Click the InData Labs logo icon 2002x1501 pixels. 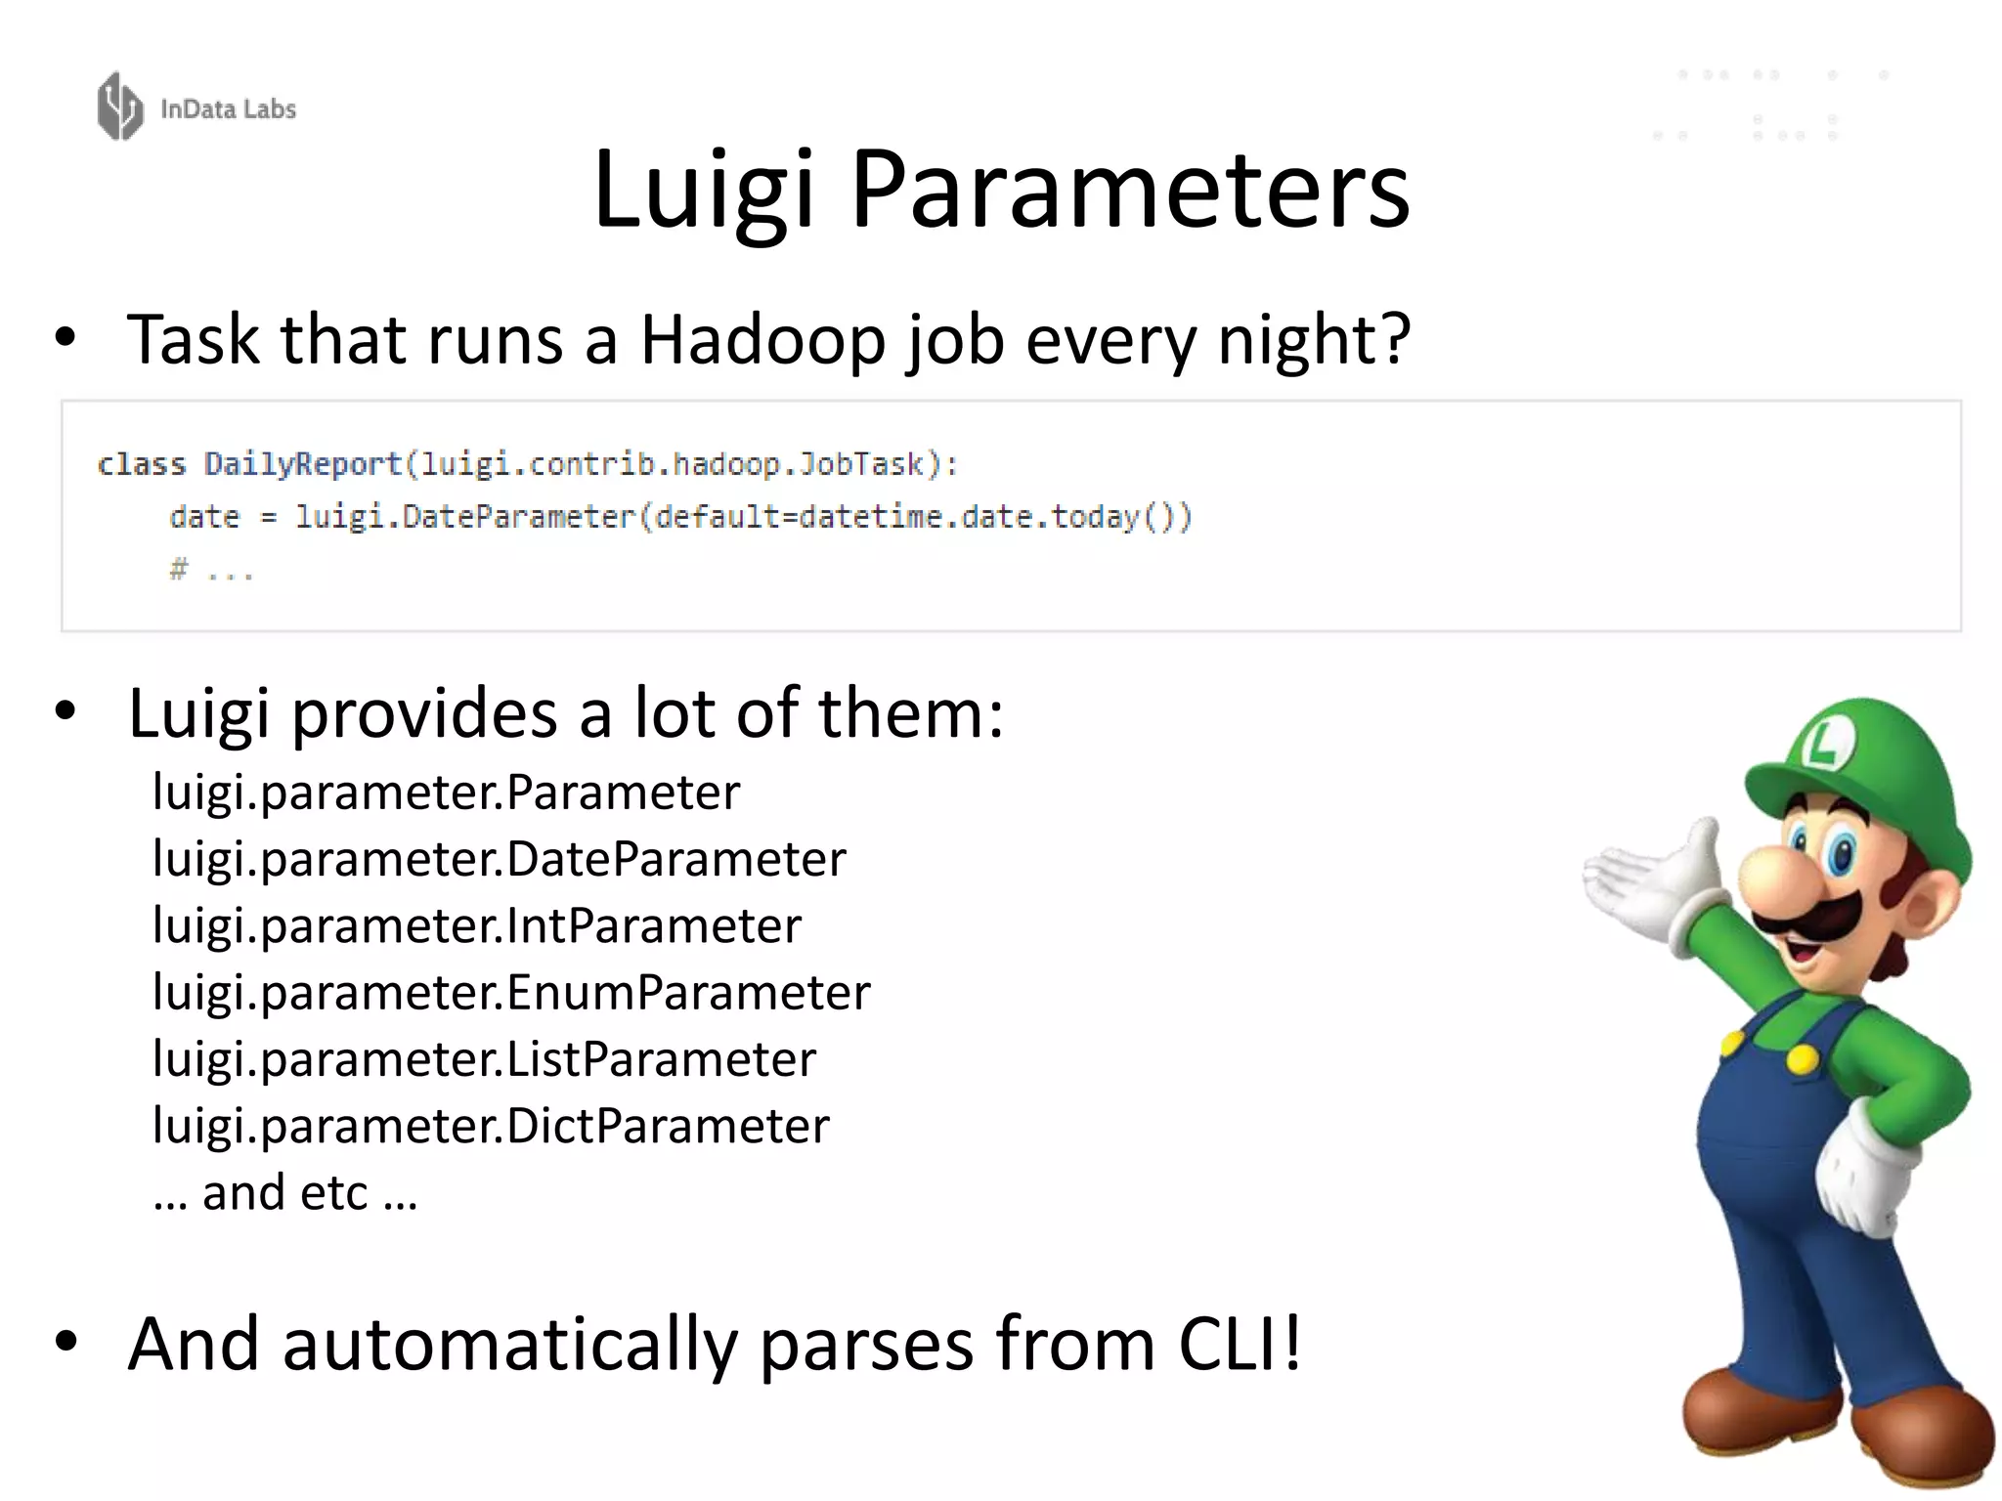tap(120, 107)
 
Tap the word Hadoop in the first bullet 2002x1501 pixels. tap(762, 340)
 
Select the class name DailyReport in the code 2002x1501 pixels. tap(302, 464)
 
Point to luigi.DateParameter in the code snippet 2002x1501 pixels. tap(465, 517)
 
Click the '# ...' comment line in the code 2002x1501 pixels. tap(211, 570)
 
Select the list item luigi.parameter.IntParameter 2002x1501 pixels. tap(477, 925)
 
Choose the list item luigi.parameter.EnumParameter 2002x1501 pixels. tap(511, 993)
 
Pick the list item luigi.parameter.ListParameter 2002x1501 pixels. tap(484, 1059)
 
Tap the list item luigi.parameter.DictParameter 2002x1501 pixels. tap(491, 1126)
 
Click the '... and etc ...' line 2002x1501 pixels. tap(285, 1193)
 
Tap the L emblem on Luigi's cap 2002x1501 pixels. tap(1824, 748)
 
